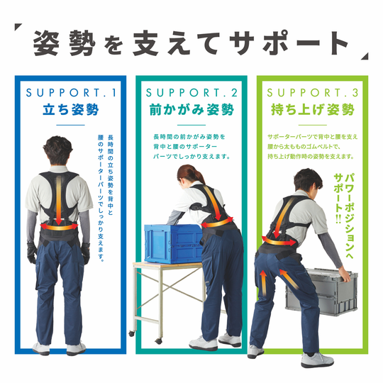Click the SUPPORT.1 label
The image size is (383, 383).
tap(71, 93)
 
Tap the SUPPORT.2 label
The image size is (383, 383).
tap(191, 93)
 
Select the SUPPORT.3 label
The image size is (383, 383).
tap(312, 93)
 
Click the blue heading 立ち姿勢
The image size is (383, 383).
tap(71, 109)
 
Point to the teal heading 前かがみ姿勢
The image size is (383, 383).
tap(191, 109)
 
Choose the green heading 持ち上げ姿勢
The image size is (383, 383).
tap(313, 109)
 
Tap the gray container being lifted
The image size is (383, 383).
tap(325, 292)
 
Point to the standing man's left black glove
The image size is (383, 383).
tap(32, 252)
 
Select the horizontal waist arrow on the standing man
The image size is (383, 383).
tap(59, 228)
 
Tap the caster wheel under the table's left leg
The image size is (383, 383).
tap(132, 333)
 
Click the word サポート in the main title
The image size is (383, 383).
tap(289, 43)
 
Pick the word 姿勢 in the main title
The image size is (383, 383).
tap(65, 43)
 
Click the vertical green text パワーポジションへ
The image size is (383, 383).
tap(349, 216)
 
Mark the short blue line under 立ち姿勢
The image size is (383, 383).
tap(71, 125)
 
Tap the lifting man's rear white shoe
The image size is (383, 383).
tap(255, 352)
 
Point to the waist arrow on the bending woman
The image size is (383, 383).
tap(217, 223)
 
